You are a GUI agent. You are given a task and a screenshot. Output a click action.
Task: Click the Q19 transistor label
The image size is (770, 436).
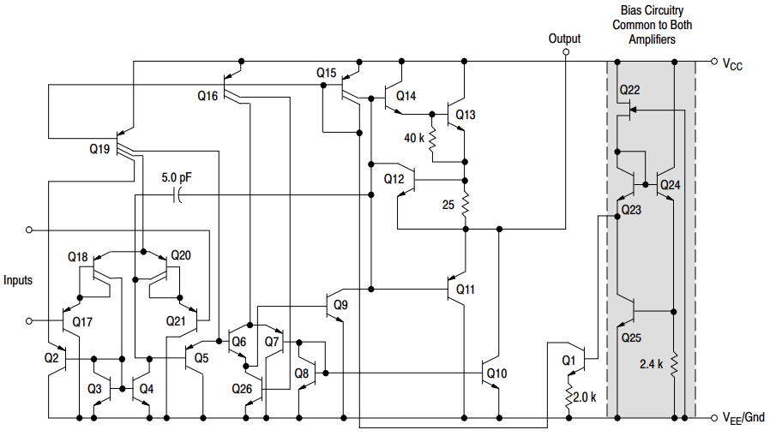coord(99,149)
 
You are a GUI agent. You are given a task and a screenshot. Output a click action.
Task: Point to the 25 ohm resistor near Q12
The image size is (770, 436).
coord(465,205)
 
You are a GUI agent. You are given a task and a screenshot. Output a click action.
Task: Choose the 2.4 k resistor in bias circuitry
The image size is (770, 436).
coord(674,364)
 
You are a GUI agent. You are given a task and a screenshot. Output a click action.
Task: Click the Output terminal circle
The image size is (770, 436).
coord(565,52)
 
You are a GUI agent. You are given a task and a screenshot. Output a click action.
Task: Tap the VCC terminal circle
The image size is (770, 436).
coord(713,62)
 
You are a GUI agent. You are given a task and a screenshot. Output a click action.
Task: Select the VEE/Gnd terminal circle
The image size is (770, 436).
coord(713,418)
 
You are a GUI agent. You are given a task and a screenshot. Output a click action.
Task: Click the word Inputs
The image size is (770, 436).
coord(18,280)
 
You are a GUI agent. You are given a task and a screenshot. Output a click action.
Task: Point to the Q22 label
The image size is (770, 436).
coord(629,90)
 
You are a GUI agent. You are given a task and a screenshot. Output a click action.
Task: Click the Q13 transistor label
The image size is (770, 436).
coord(466,115)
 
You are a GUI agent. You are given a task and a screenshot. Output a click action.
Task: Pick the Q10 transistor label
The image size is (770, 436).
coord(496,373)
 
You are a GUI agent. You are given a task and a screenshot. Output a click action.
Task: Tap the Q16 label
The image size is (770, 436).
coord(208,96)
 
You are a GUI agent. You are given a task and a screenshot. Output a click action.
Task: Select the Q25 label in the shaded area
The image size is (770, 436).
coord(630,337)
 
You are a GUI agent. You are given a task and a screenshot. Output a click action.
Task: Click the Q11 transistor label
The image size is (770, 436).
coord(465,290)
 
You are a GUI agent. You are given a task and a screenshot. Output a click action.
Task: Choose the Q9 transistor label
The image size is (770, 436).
coord(340,305)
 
